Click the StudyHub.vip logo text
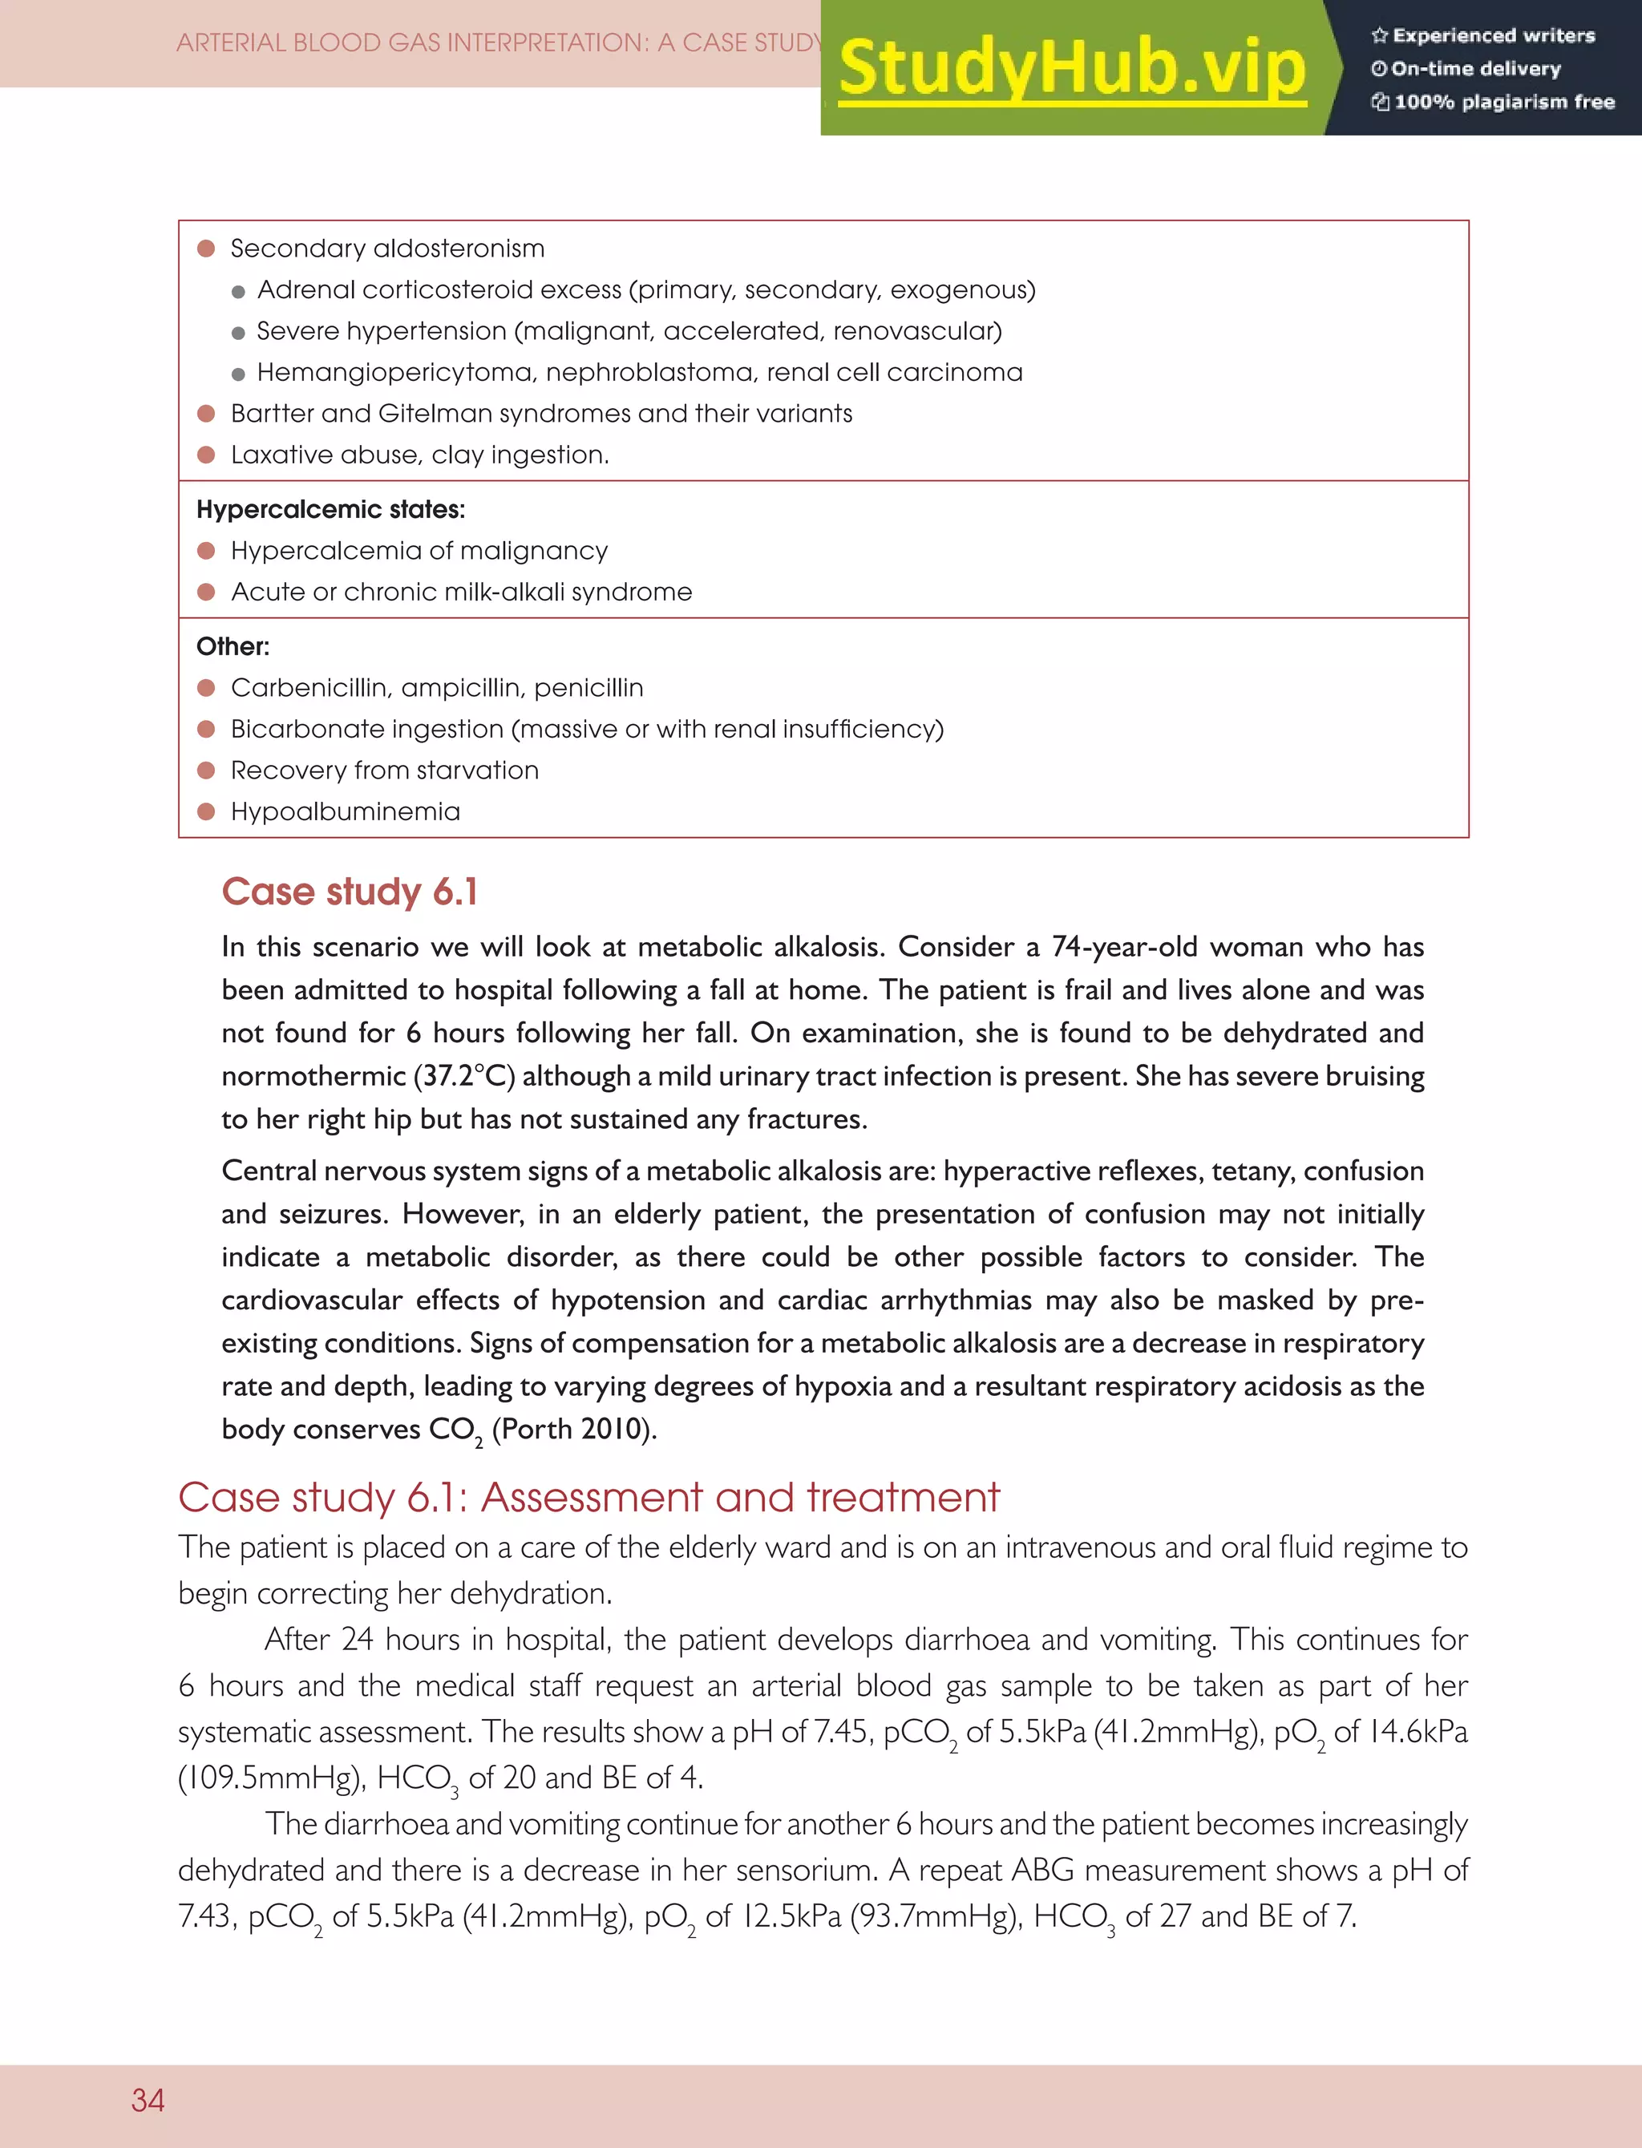point(1072,68)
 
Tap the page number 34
point(148,2099)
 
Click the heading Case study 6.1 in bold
point(349,892)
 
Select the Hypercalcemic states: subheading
point(330,509)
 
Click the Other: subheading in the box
point(233,646)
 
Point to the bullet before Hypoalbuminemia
point(205,811)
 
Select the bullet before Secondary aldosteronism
point(205,249)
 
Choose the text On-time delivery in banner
point(1475,68)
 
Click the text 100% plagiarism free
point(1503,102)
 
